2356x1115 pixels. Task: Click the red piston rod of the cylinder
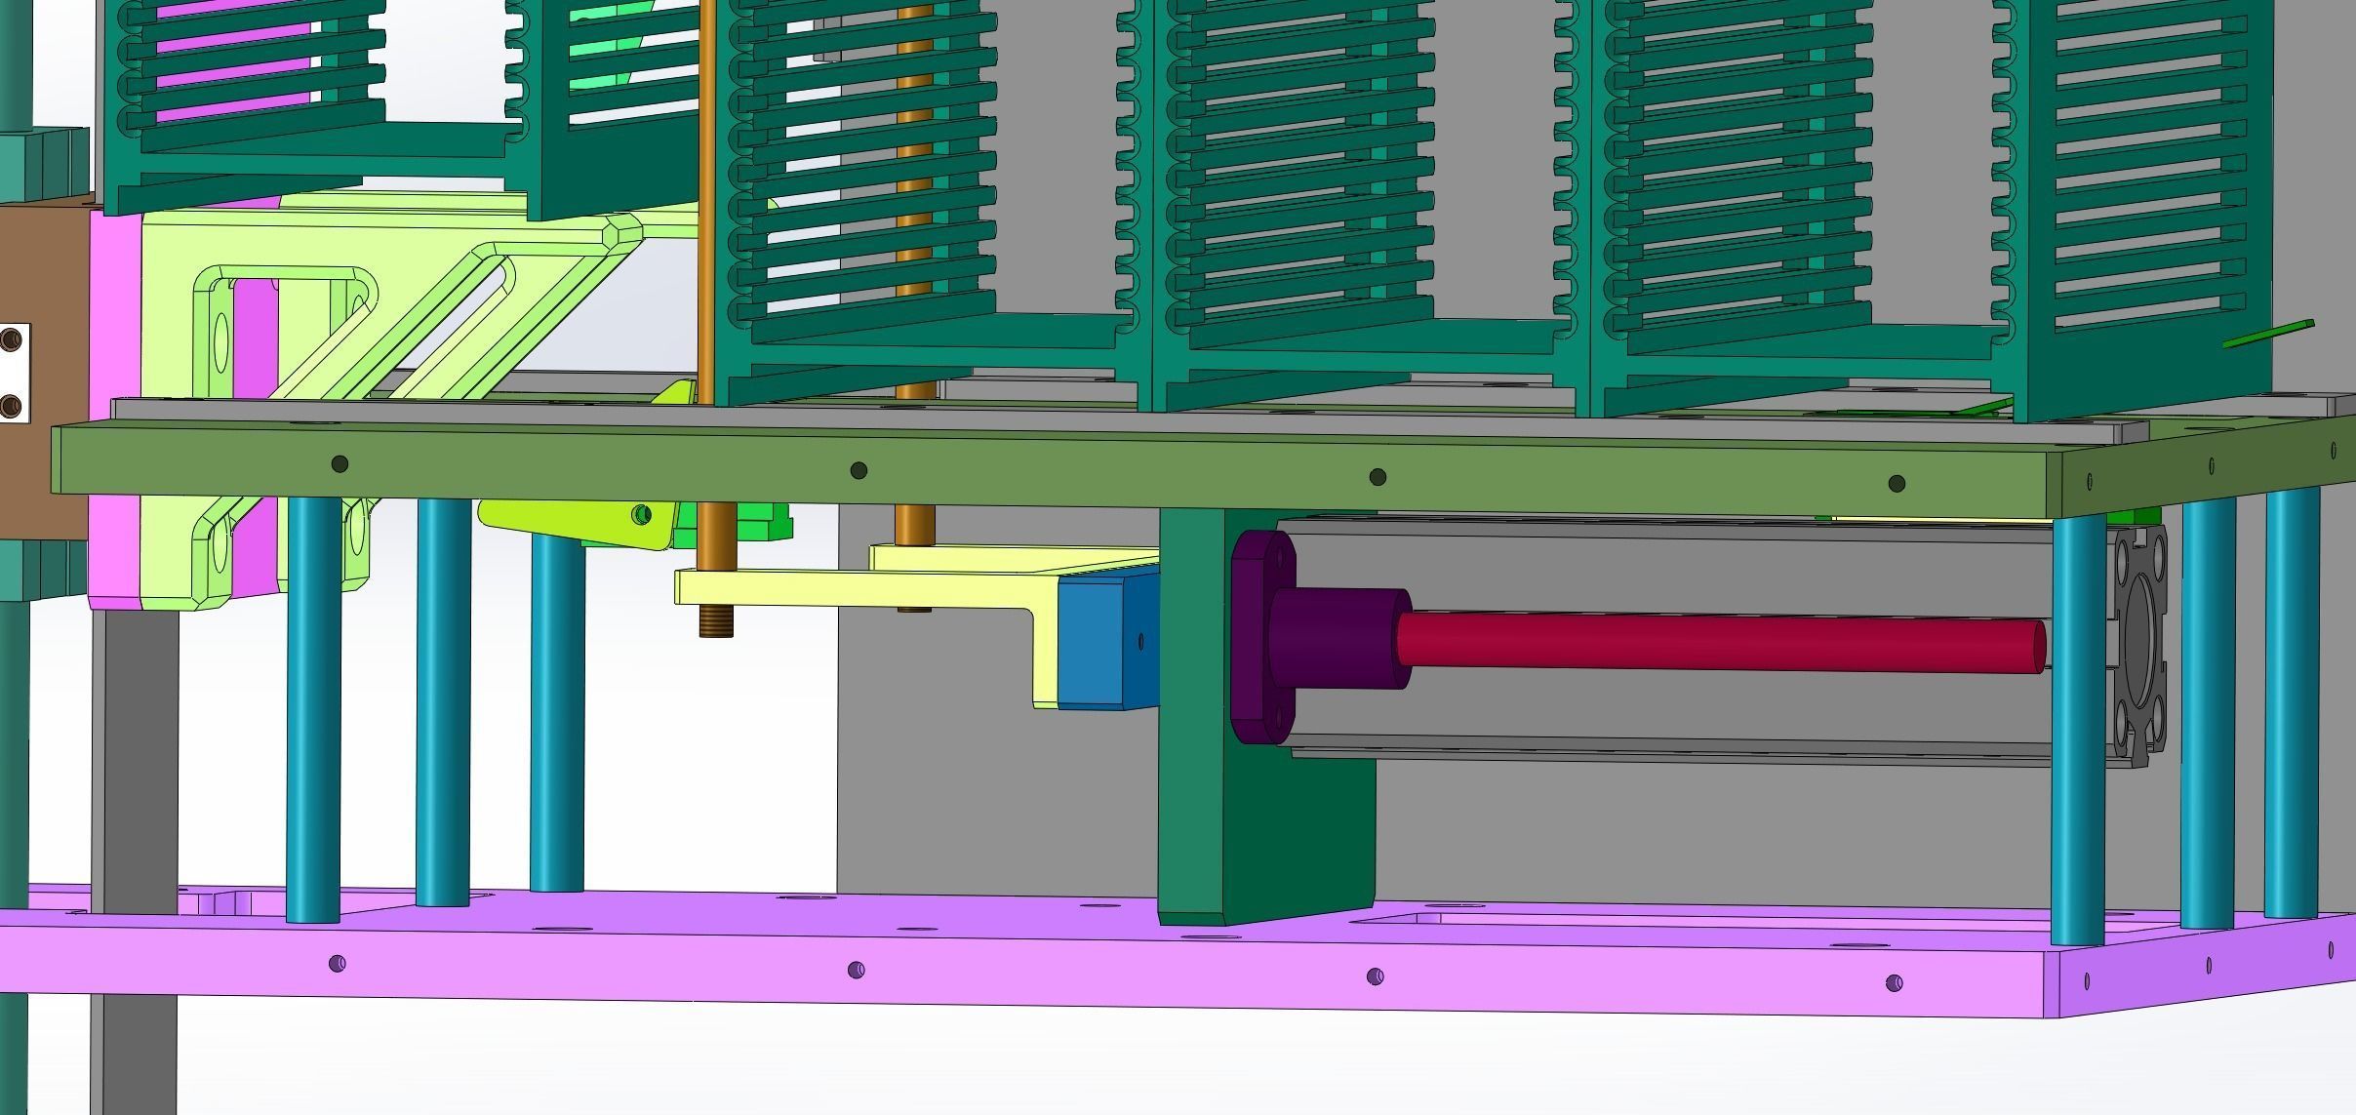coord(1717,642)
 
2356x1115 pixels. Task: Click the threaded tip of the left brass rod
coord(715,621)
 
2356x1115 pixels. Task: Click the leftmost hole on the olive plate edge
coord(339,464)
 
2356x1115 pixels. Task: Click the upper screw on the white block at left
coord(12,339)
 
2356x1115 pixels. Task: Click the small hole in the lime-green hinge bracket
coord(641,513)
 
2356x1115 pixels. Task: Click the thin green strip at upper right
coord(2268,334)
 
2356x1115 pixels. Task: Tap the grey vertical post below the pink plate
coord(137,761)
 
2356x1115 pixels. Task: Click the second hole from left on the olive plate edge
coord(859,471)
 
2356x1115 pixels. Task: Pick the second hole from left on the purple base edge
coord(856,970)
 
